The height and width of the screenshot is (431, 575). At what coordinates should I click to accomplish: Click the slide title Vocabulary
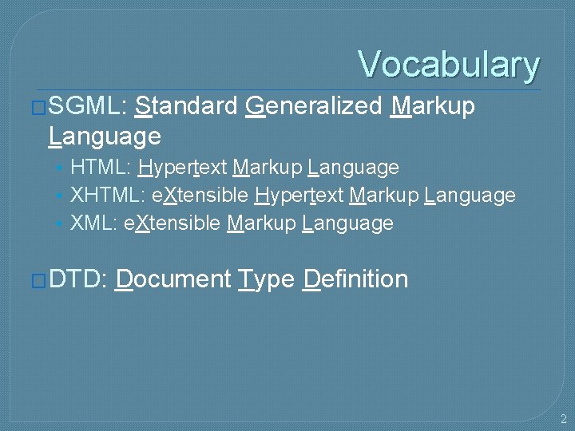pos(449,65)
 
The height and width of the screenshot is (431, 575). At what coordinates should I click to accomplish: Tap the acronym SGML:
pos(87,105)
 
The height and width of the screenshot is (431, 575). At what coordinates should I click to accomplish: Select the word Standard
pos(186,105)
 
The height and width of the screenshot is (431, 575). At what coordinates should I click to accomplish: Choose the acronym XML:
pos(94,223)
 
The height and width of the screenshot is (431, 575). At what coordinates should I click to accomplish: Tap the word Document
pos(172,279)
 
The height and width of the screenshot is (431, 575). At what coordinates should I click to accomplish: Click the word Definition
pos(355,279)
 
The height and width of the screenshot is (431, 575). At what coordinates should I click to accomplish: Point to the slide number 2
pos(563,418)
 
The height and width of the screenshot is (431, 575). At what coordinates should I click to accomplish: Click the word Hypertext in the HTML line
pos(183,168)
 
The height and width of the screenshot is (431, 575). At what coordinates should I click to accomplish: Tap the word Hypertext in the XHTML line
pos(299,195)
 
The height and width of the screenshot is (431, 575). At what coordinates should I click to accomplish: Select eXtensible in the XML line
pos(172,223)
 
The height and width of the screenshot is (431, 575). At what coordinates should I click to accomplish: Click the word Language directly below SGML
pos(105,136)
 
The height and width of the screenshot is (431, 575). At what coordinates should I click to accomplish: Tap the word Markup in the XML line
pos(261,223)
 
